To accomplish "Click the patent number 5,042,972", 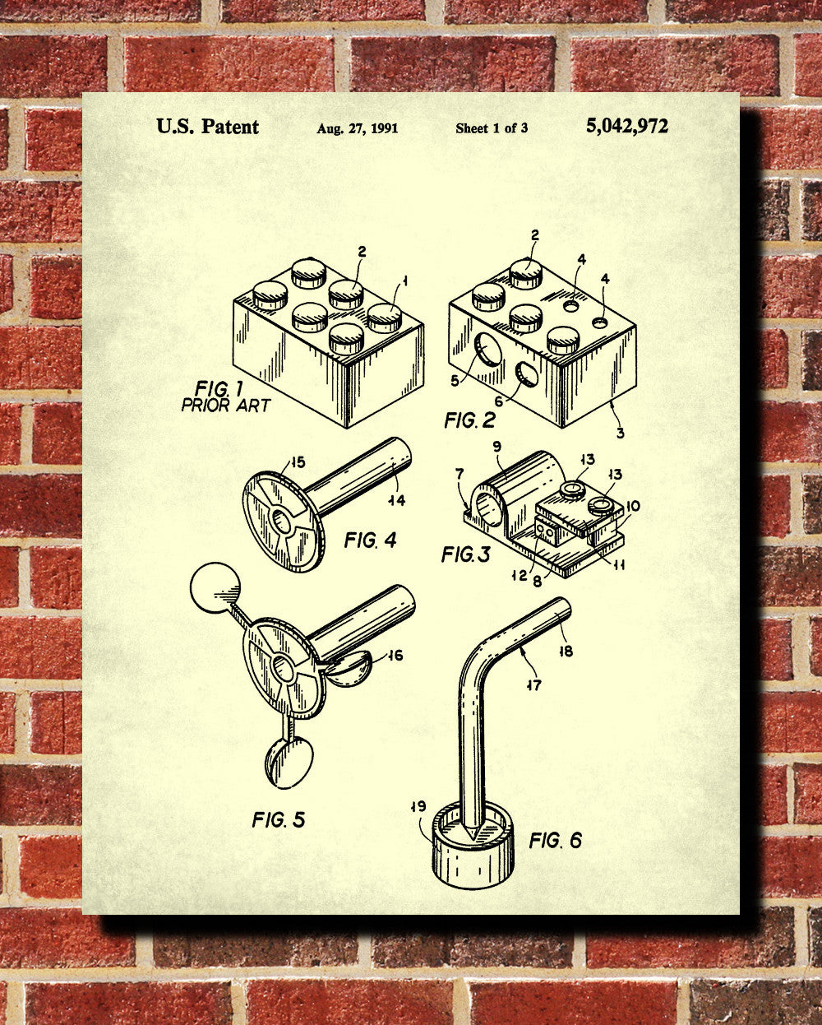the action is pyautogui.click(x=627, y=126).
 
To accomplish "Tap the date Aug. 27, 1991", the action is pyautogui.click(x=358, y=128).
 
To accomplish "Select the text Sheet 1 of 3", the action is pyautogui.click(x=492, y=128).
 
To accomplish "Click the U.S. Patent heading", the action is pyautogui.click(x=207, y=127).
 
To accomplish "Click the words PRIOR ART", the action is pyautogui.click(x=225, y=406).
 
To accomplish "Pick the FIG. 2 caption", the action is pyautogui.click(x=470, y=420).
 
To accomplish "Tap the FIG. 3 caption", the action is pyautogui.click(x=465, y=554).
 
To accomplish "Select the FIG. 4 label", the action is pyautogui.click(x=370, y=540).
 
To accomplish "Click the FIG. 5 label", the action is pyautogui.click(x=278, y=819).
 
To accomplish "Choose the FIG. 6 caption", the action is pyautogui.click(x=556, y=840).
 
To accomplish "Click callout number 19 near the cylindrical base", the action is pyautogui.click(x=419, y=807).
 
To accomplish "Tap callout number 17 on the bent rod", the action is pyautogui.click(x=534, y=685).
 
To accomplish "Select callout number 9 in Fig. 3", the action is pyautogui.click(x=497, y=447).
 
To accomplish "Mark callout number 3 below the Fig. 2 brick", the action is pyautogui.click(x=620, y=433).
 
